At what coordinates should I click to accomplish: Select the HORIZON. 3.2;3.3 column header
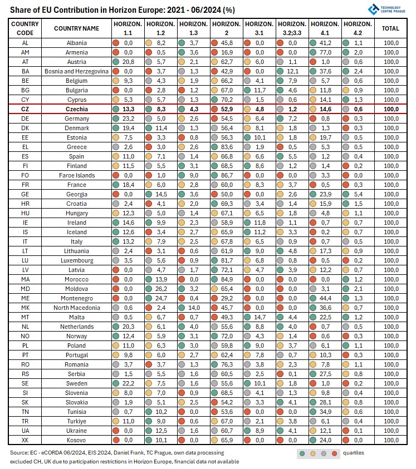[292, 28]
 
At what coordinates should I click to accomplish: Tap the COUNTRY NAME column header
[77, 28]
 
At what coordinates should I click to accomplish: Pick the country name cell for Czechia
[77, 110]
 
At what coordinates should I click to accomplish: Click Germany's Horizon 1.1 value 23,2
[128, 119]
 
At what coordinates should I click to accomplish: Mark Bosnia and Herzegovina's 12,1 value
[292, 71]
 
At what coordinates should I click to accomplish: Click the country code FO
[25, 175]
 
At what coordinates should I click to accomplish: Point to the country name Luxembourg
[77, 260]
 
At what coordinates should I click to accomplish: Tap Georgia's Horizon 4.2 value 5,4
[358, 194]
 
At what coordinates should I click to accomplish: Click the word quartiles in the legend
[353, 453]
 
